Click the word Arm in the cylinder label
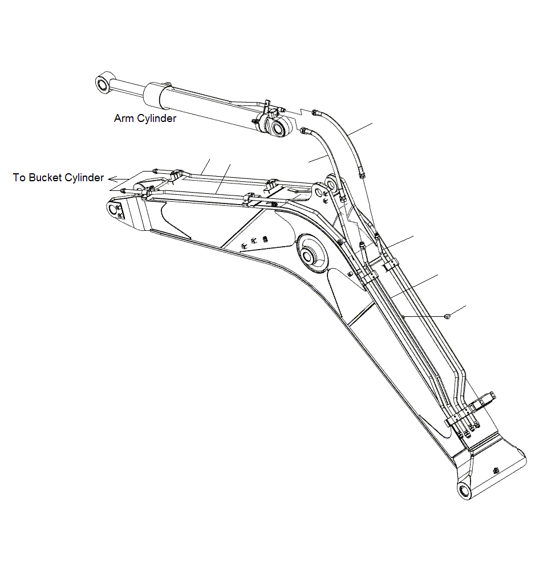pyautogui.click(x=123, y=119)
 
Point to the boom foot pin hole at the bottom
pyautogui.click(x=464, y=490)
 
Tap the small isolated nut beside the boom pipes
pyautogui.click(x=447, y=316)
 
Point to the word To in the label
pyautogui.click(x=19, y=178)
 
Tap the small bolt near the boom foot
pyautogui.click(x=496, y=471)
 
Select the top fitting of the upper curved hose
pyautogui.click(x=315, y=112)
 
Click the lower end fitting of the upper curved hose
pyautogui.click(x=362, y=173)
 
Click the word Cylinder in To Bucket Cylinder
pyautogui.click(x=84, y=178)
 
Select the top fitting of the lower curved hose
pyautogui.click(x=304, y=131)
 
